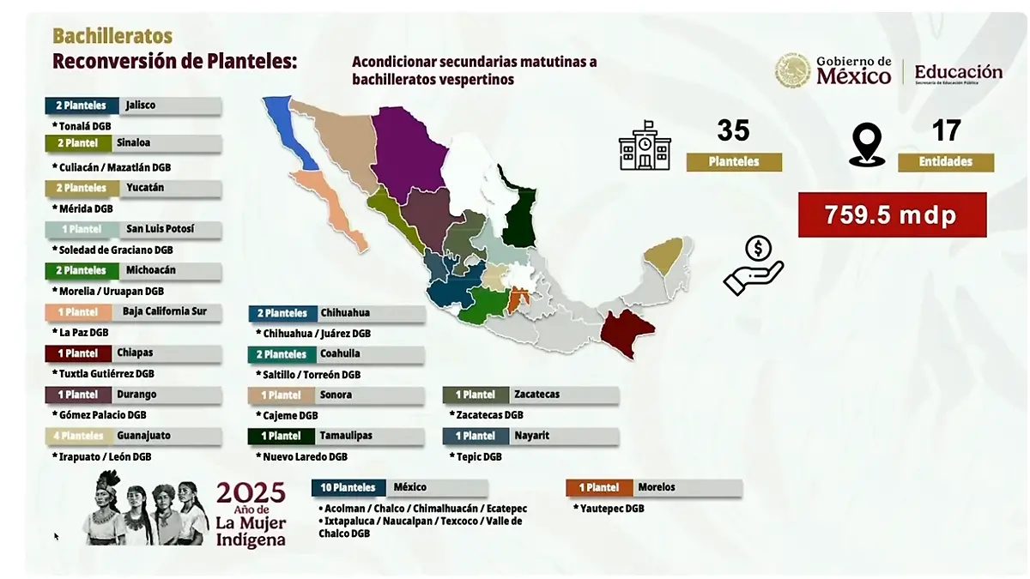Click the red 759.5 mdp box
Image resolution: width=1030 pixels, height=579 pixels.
click(x=892, y=214)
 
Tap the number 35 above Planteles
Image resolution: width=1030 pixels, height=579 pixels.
click(x=733, y=131)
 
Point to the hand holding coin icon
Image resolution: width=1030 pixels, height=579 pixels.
click(x=753, y=266)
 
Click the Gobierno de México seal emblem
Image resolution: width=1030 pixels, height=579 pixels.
click(x=792, y=71)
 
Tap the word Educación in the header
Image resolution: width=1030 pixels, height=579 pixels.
click(x=958, y=72)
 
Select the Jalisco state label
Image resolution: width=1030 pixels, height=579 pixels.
click(x=141, y=106)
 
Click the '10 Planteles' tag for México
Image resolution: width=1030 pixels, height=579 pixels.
click(x=348, y=487)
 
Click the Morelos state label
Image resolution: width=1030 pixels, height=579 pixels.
click(x=657, y=487)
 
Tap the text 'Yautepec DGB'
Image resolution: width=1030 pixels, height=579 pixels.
click(x=612, y=509)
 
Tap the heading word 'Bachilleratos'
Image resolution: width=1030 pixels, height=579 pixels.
click(x=112, y=36)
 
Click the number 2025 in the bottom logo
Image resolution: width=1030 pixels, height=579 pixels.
click(x=250, y=493)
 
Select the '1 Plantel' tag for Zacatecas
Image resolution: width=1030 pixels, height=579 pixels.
click(x=476, y=395)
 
